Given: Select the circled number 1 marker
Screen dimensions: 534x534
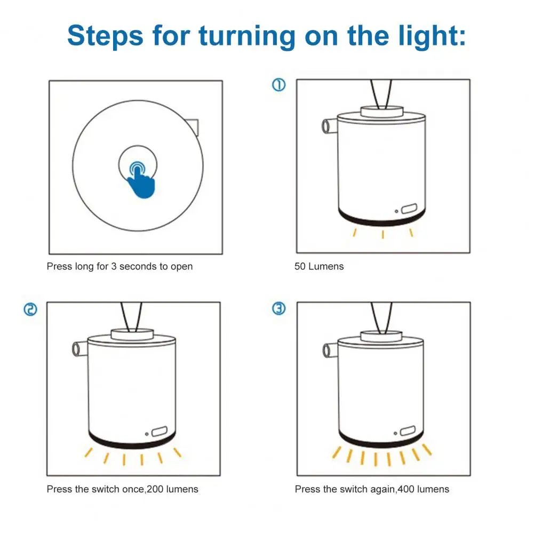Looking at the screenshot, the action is [x=278, y=85].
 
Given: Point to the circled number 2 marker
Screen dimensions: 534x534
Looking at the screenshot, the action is [x=30, y=309].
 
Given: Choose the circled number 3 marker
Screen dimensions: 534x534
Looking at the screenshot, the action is [x=278, y=308].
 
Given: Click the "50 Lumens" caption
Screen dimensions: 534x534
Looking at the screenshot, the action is [x=319, y=266].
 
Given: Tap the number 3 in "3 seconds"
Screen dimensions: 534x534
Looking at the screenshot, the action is [x=114, y=266].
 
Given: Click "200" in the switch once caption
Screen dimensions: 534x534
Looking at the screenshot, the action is [x=155, y=489].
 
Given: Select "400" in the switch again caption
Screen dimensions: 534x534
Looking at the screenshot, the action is [x=406, y=489].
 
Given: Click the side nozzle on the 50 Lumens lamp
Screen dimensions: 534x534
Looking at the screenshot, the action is [x=329, y=126].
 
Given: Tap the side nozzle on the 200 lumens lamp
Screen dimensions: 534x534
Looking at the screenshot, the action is [x=79, y=349].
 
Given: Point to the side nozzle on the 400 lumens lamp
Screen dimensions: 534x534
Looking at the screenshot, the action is [x=330, y=350].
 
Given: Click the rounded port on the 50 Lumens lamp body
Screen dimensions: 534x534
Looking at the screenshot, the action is [x=409, y=209].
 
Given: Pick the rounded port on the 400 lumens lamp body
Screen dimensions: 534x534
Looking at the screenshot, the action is [x=408, y=431].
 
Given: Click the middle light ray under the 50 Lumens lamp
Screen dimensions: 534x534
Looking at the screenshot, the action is [x=383, y=234].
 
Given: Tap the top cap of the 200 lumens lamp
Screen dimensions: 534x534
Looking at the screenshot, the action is [x=132, y=334].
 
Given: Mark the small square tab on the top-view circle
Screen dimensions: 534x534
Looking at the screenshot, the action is [x=193, y=126].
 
